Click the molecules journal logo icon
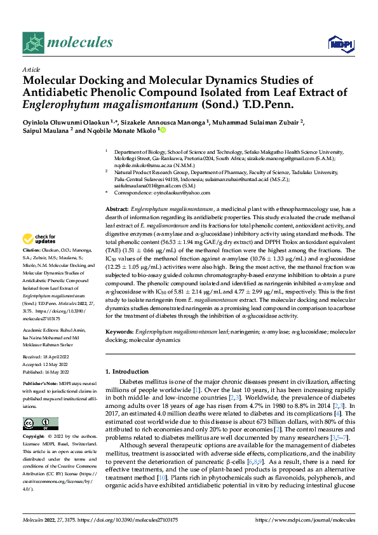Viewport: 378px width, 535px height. coord(33,43)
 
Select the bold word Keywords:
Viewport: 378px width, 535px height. coord(119,332)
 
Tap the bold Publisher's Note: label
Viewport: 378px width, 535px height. coord(40,385)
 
